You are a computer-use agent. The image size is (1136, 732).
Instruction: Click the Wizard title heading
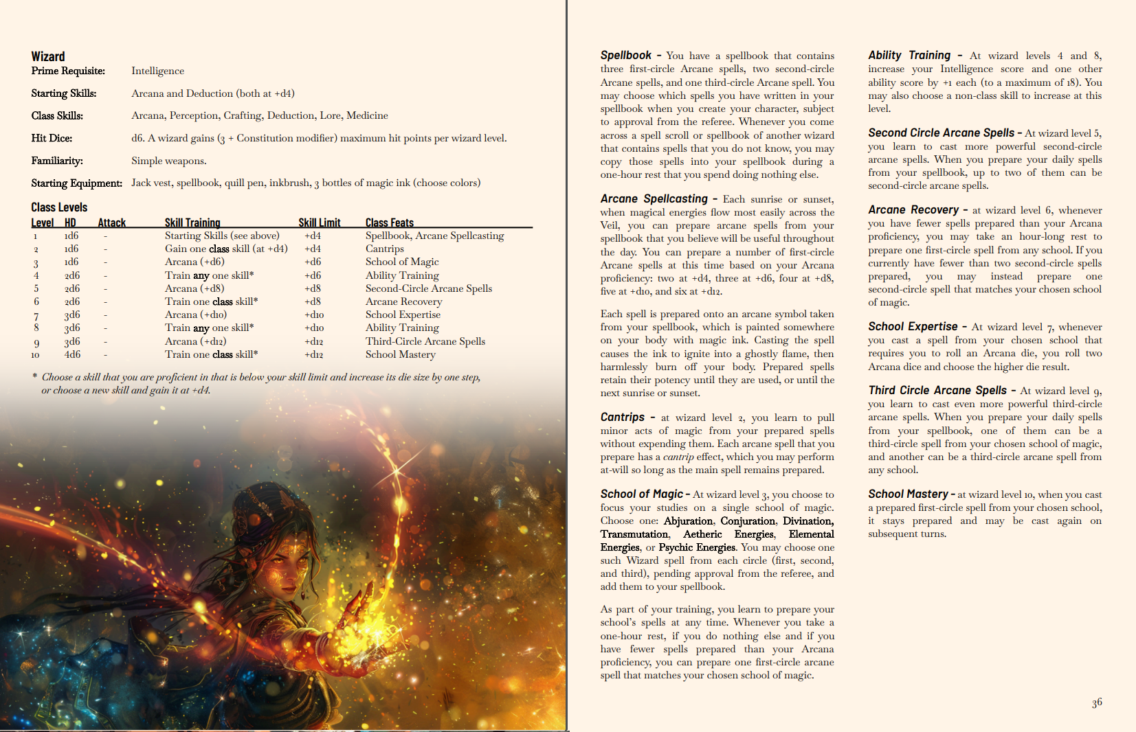tap(48, 57)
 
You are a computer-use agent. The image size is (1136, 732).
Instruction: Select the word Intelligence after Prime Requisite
tap(157, 71)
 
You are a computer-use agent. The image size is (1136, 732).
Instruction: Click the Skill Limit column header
tap(320, 222)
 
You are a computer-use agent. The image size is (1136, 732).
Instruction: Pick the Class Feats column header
tap(389, 222)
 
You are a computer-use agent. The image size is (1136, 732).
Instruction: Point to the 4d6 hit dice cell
tap(72, 354)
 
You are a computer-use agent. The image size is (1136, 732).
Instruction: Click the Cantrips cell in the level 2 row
tap(384, 249)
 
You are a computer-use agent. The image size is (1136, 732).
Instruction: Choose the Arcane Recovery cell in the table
tap(403, 301)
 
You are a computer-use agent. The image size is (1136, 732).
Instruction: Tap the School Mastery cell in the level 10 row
tap(400, 354)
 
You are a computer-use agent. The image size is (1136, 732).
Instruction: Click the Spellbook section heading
tap(625, 56)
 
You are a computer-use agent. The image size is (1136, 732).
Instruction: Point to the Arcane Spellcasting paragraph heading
tap(654, 199)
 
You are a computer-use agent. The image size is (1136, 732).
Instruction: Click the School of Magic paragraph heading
tap(641, 494)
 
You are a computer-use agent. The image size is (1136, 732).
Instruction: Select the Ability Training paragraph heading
tap(909, 56)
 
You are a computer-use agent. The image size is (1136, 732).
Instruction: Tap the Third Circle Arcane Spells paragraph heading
tap(937, 391)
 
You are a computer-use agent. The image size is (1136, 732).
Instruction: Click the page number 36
tap(1097, 702)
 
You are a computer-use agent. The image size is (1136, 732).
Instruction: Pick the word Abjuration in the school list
tap(688, 521)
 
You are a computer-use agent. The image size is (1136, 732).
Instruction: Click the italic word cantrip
tap(678, 457)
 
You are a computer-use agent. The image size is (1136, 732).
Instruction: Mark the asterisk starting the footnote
tap(35, 376)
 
